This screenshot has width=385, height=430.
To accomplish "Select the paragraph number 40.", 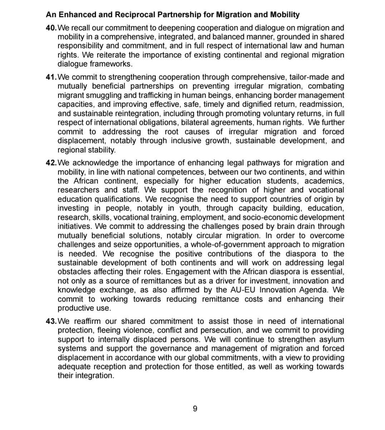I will [x=51, y=28].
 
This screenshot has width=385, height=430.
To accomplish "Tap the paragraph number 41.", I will [x=51, y=77].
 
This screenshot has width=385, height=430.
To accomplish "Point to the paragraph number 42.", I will [x=51, y=163].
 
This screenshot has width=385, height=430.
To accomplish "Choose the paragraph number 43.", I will [x=51, y=321].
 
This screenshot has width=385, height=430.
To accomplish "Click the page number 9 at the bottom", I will [x=195, y=408].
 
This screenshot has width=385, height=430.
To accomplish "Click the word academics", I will [x=325, y=181].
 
